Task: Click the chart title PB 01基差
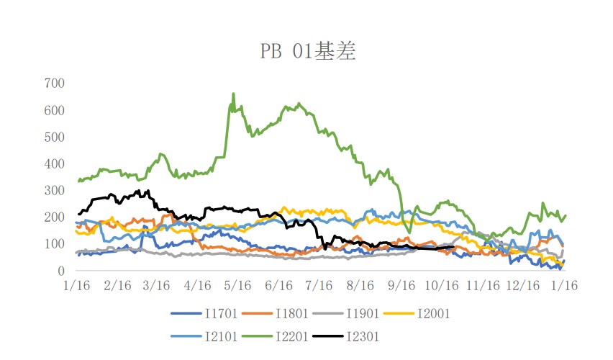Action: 307,52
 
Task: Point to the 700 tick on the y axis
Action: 55,84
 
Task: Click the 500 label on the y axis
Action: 55,137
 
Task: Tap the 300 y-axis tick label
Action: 55,191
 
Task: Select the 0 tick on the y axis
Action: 61,271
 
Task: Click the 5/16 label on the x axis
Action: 237,286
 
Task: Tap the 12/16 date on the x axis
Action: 523,286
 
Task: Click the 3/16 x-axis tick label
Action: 156,286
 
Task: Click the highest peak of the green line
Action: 233,94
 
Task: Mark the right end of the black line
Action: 453,247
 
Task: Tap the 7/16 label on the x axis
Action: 317,286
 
